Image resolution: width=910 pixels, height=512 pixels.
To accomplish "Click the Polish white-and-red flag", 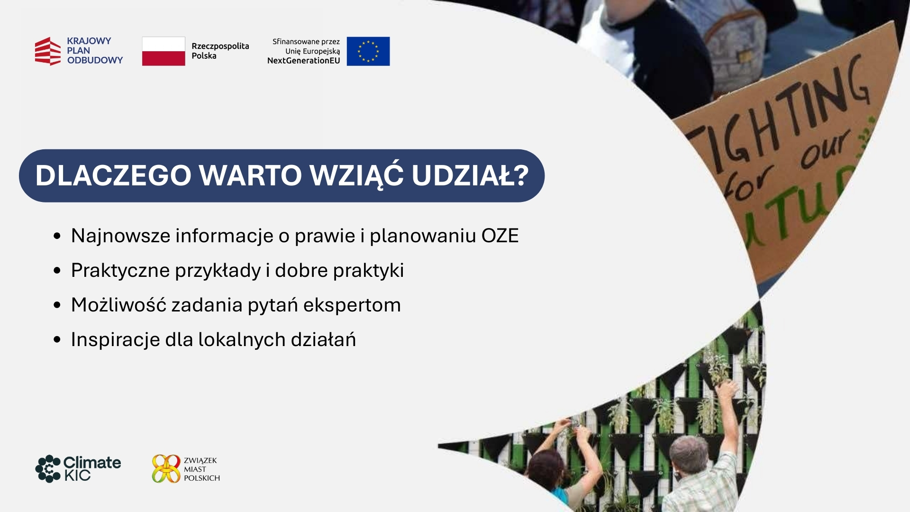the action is click(164, 51).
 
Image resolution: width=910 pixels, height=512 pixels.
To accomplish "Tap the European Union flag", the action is click(368, 51).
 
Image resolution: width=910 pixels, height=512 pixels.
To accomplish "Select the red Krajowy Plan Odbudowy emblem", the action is click(48, 51).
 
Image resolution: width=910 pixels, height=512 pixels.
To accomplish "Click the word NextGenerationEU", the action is click(304, 61).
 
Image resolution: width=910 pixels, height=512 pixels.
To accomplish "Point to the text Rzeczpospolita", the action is click(220, 46).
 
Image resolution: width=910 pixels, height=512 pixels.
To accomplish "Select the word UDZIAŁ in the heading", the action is click(462, 175).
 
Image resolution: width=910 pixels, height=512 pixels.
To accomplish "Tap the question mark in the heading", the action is click(521, 175).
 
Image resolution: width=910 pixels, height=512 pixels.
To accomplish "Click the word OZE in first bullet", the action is click(500, 236).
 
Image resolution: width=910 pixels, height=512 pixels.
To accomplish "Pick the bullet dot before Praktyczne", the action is click(57, 271).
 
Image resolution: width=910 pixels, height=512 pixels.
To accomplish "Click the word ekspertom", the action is click(352, 305).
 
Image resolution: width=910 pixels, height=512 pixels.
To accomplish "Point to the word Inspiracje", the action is click(115, 340).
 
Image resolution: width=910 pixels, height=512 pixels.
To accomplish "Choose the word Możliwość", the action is click(118, 304).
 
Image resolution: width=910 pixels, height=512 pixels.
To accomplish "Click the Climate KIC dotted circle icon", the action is click(48, 469).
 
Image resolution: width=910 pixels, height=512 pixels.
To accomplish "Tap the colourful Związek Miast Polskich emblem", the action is click(166, 469).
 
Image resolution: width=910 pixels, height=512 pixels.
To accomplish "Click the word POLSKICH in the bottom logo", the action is click(202, 478).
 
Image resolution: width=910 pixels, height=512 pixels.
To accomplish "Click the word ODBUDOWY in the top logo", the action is click(95, 60).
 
